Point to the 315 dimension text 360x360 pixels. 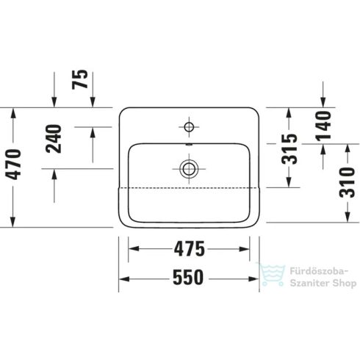[x=289, y=149]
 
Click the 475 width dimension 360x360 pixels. [x=190, y=250]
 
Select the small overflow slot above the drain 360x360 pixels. [x=189, y=147]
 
